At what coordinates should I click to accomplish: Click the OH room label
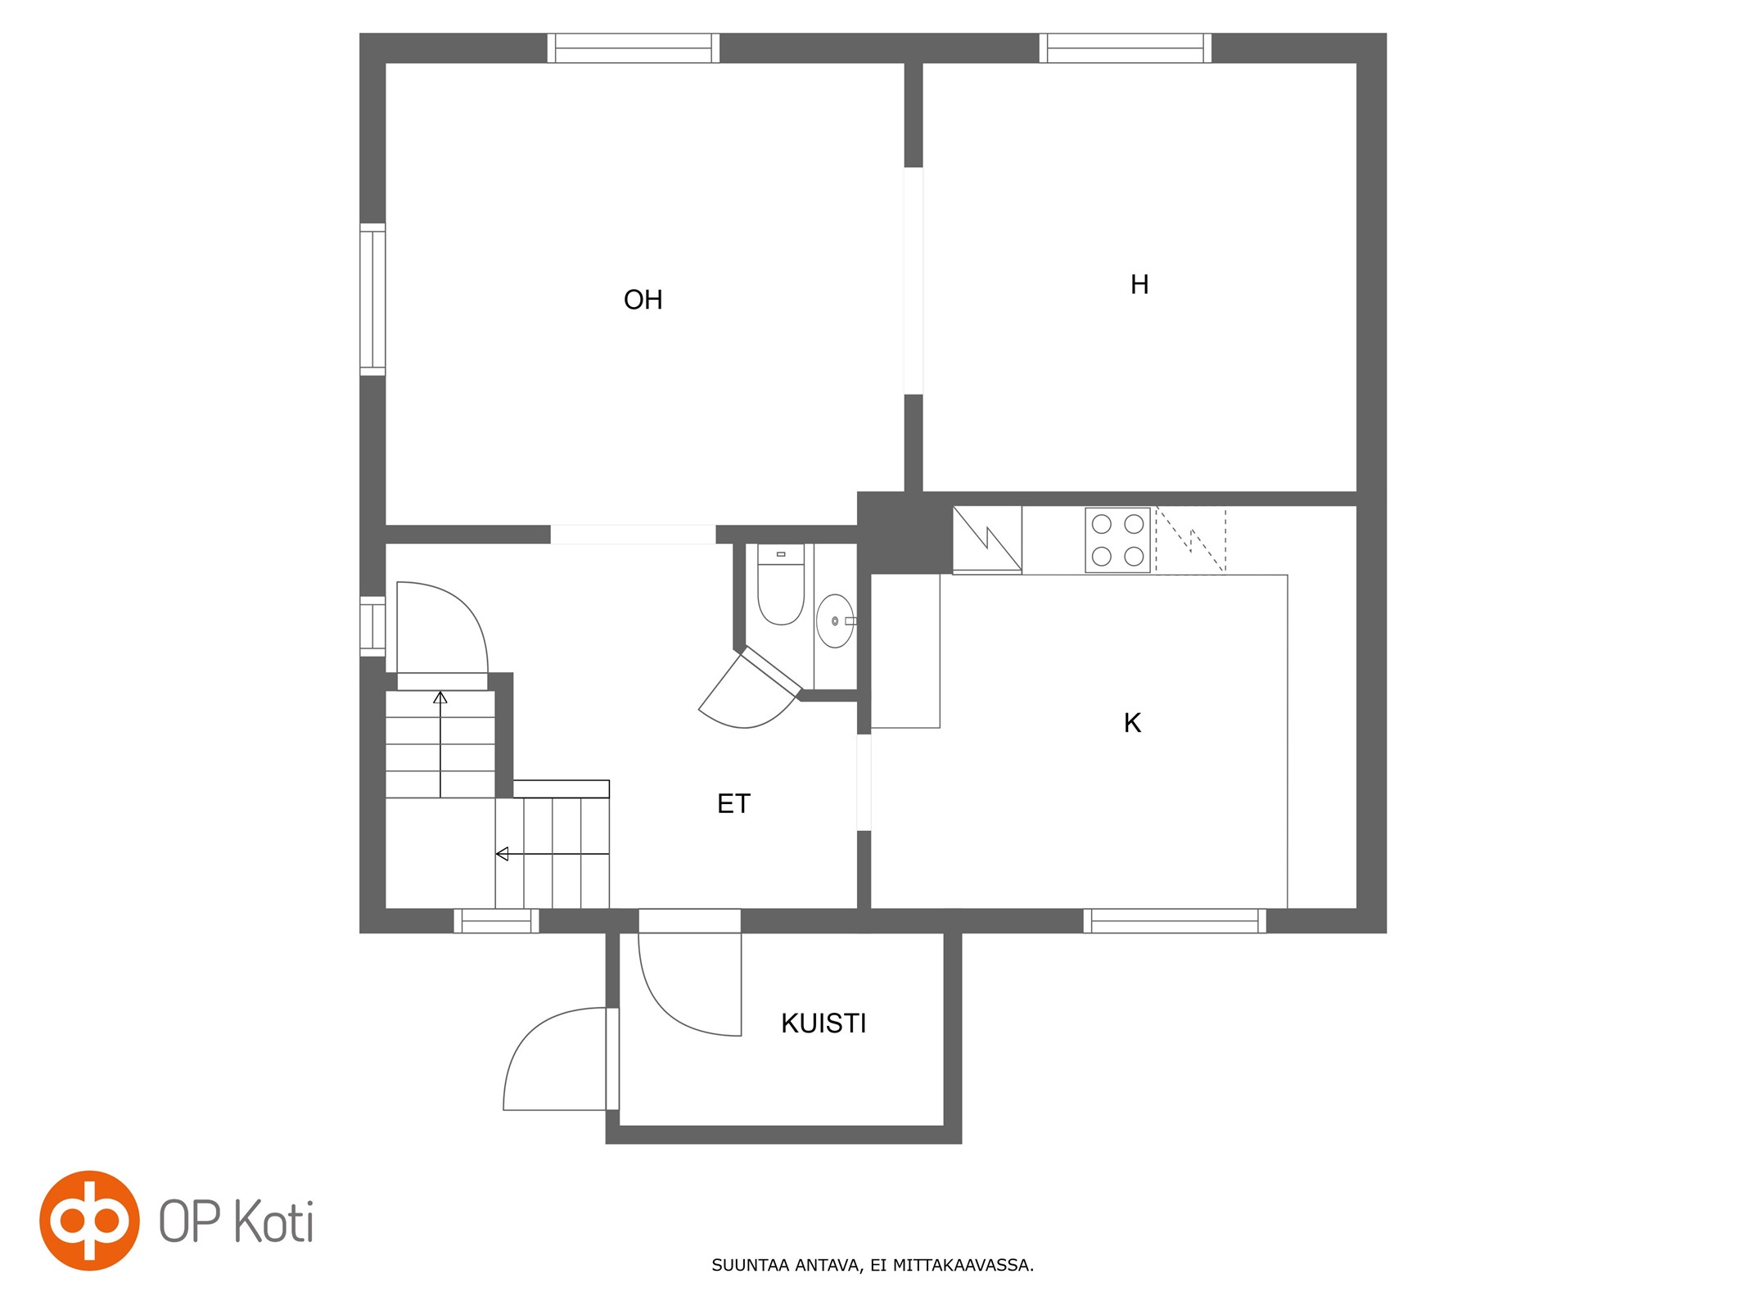(x=643, y=300)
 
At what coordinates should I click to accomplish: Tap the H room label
(x=1139, y=284)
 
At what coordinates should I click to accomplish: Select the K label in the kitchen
(x=1132, y=723)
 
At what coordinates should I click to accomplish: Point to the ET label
(x=733, y=804)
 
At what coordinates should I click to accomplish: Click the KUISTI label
(x=823, y=1023)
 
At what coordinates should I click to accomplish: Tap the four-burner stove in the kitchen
(x=1117, y=540)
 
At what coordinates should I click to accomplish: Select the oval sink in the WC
(x=836, y=621)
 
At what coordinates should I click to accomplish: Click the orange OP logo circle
(x=89, y=1221)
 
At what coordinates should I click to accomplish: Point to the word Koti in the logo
(x=274, y=1222)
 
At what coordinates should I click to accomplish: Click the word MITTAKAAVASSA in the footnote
(x=963, y=1265)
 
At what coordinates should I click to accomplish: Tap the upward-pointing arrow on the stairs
(x=440, y=743)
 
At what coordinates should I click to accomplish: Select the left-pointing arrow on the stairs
(x=553, y=854)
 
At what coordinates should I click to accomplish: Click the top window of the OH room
(x=634, y=48)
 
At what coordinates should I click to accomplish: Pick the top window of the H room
(x=1126, y=48)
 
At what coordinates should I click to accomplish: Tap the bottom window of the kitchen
(x=1175, y=921)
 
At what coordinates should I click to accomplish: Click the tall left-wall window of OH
(x=372, y=300)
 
